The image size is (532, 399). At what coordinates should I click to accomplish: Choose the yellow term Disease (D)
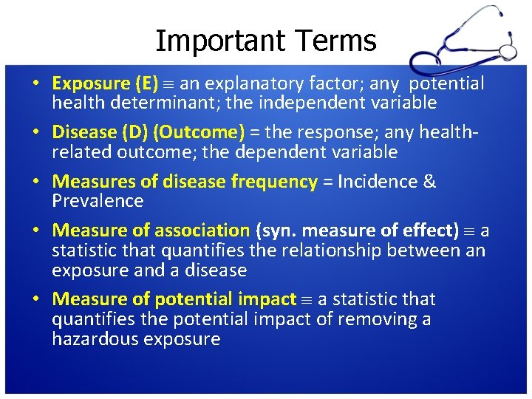100,132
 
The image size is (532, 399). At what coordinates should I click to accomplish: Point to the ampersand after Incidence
429,182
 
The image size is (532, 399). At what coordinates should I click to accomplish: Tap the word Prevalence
98,201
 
